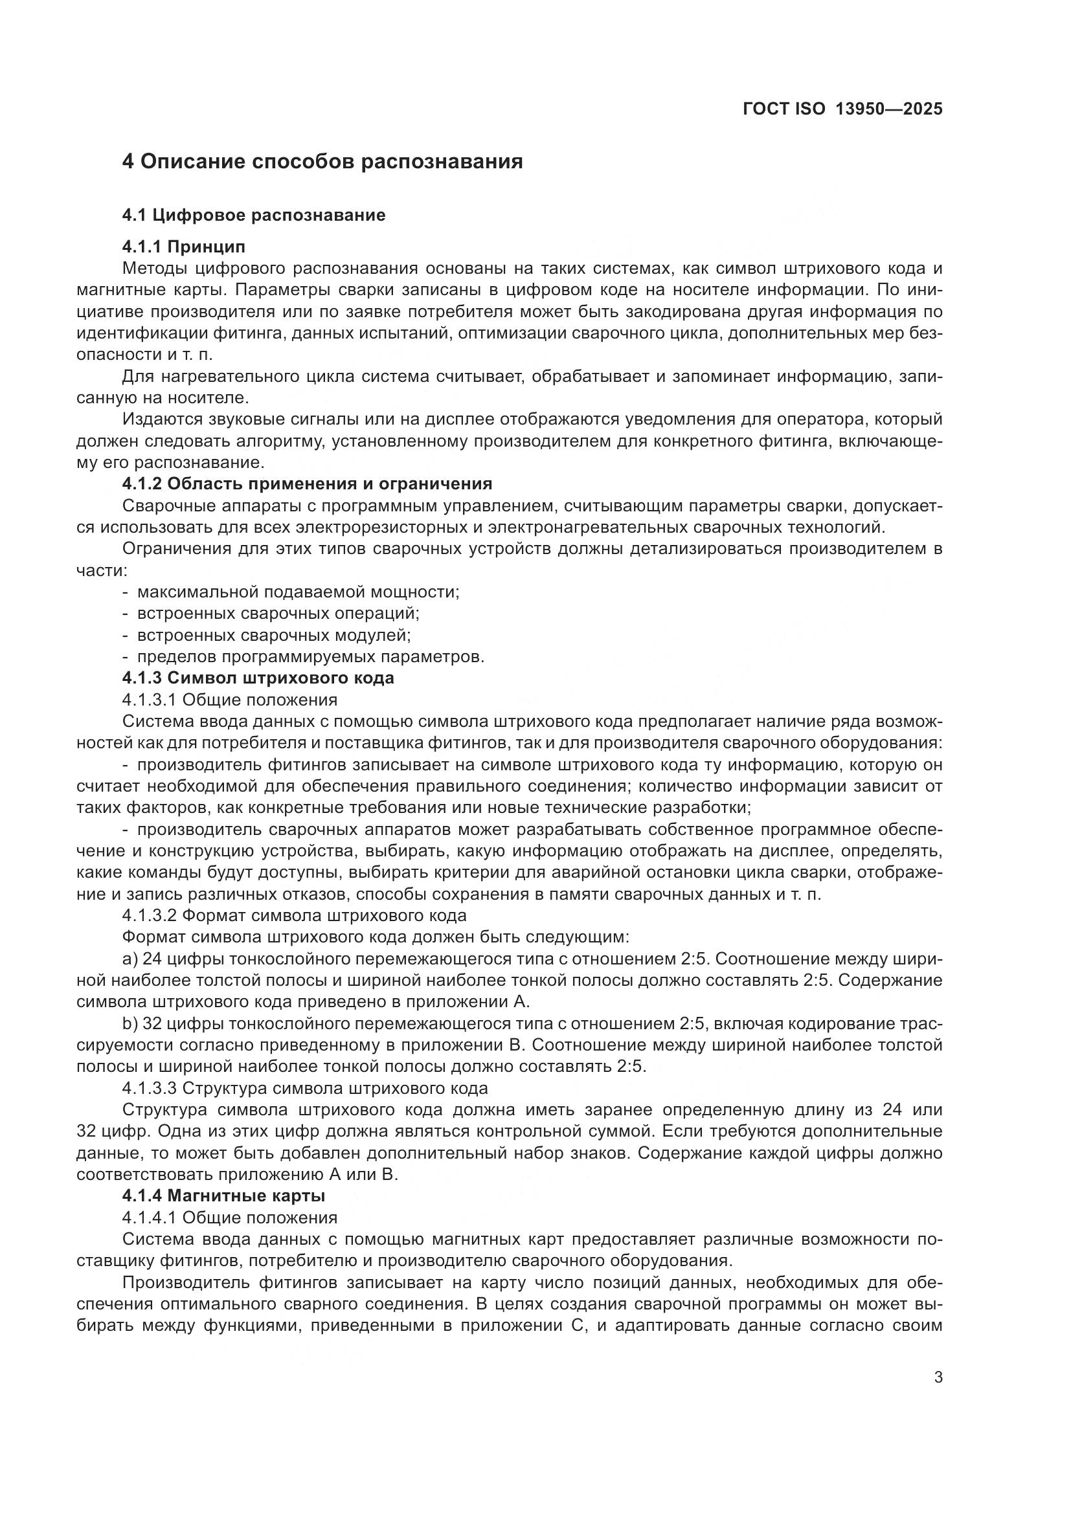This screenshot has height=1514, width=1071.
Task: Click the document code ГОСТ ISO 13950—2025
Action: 842,109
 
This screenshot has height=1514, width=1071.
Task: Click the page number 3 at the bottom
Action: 938,1377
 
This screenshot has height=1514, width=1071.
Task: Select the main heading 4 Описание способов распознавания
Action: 322,162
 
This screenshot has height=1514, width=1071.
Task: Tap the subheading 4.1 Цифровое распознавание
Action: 253,215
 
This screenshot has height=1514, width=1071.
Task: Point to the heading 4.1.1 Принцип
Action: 183,247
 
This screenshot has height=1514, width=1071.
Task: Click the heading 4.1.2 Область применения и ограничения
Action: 307,484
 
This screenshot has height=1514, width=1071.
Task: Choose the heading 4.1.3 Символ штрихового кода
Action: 258,678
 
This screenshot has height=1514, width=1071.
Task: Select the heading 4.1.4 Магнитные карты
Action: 223,1196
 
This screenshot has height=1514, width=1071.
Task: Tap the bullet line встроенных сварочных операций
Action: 278,613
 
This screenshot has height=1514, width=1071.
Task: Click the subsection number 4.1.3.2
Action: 149,915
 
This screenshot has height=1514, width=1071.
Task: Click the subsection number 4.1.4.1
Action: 149,1218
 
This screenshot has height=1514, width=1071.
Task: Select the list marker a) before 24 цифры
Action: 130,959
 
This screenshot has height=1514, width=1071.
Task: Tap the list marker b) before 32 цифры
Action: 130,1023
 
